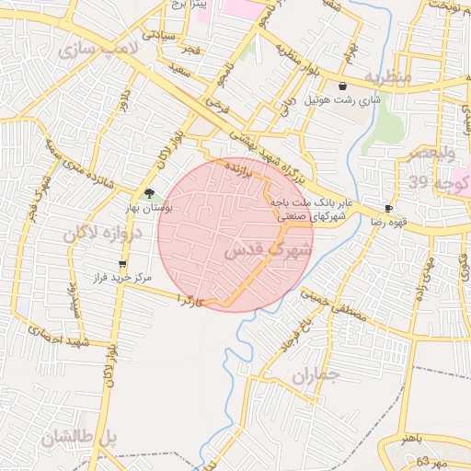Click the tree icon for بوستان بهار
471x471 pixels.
pos(148,193)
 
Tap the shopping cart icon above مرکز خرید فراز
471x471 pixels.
pos(122,265)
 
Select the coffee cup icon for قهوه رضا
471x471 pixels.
pos(388,209)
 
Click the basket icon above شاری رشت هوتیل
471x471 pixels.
pos(342,86)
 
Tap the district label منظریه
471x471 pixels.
pos(385,75)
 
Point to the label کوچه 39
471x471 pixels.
pos(432,183)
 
